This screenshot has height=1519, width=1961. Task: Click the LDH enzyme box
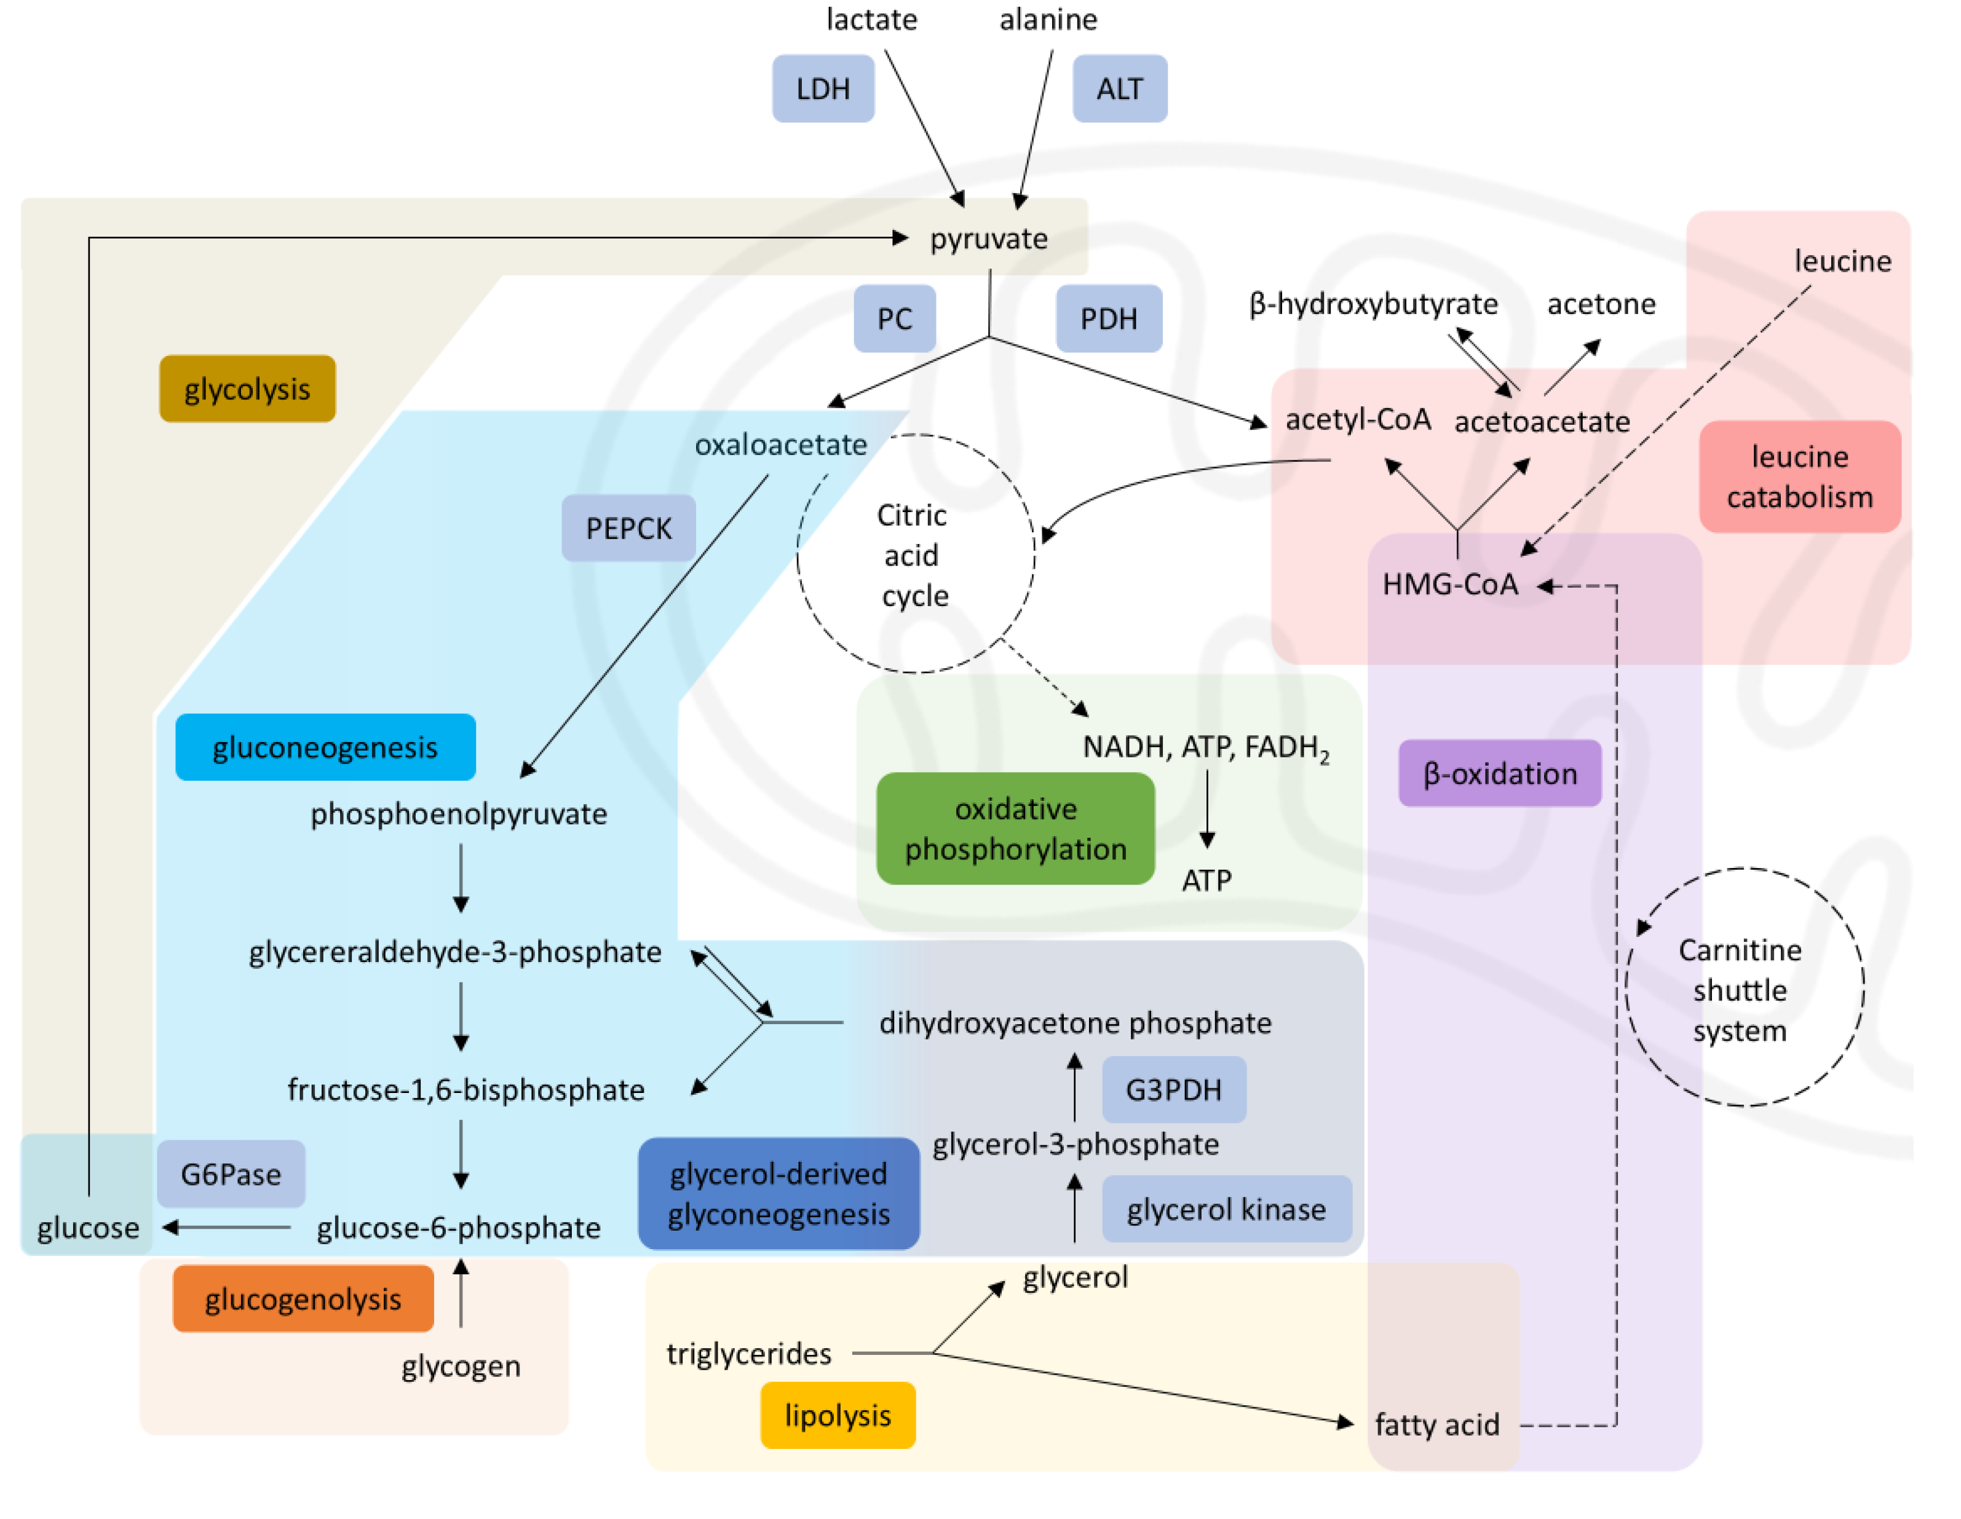(x=823, y=89)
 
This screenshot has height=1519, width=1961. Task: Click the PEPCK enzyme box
(x=628, y=528)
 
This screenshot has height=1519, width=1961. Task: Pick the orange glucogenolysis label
(x=303, y=1298)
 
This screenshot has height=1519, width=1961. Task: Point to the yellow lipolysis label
(x=837, y=1415)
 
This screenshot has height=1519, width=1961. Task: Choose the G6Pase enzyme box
(x=231, y=1174)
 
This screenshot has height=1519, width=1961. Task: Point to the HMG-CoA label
(x=1449, y=585)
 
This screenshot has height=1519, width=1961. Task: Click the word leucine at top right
(x=1842, y=261)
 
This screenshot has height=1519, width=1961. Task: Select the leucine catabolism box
(x=1799, y=476)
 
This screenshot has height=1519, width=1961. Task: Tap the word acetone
(x=1600, y=304)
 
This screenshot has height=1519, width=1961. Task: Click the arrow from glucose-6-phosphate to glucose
(x=226, y=1226)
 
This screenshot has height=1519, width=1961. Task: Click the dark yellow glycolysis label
(x=247, y=389)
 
